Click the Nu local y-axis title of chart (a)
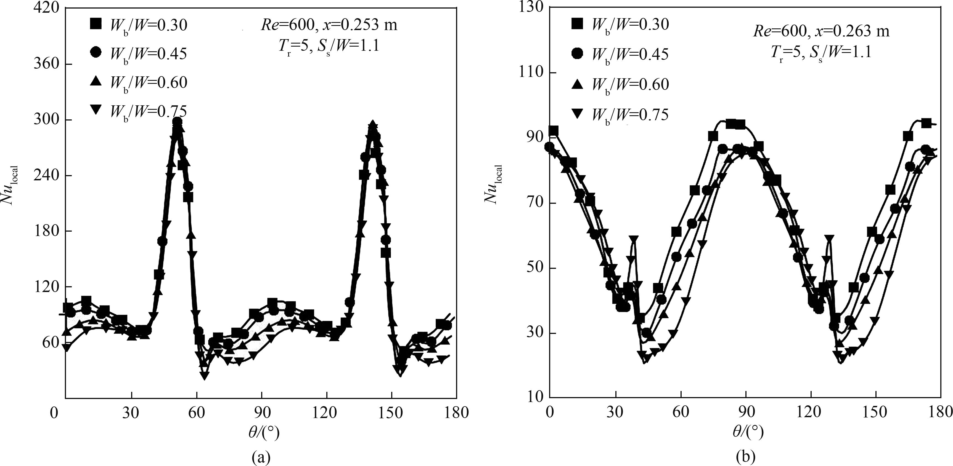click(11, 185)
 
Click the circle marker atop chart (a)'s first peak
click(177, 122)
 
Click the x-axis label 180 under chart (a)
click(457, 413)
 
